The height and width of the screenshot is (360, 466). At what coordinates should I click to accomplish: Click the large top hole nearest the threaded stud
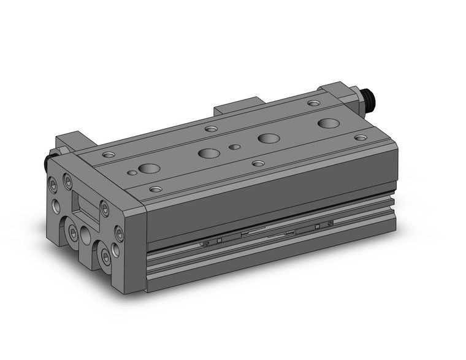click(328, 123)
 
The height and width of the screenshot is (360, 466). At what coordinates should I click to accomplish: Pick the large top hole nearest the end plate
click(148, 168)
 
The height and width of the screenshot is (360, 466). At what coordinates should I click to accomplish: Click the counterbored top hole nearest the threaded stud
click(313, 104)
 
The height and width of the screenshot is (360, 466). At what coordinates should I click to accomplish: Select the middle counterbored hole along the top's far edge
click(212, 129)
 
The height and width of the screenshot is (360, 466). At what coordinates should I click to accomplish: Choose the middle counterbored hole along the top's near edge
click(258, 164)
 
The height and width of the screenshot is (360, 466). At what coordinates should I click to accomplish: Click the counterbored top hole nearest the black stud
click(109, 154)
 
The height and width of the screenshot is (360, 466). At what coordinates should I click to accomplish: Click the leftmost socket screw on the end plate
click(52, 184)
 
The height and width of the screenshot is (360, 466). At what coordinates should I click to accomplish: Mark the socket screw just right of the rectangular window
click(104, 210)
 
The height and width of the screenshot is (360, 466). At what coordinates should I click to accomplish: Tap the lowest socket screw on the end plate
click(107, 259)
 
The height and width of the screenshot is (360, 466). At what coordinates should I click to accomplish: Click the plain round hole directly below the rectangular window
click(85, 236)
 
